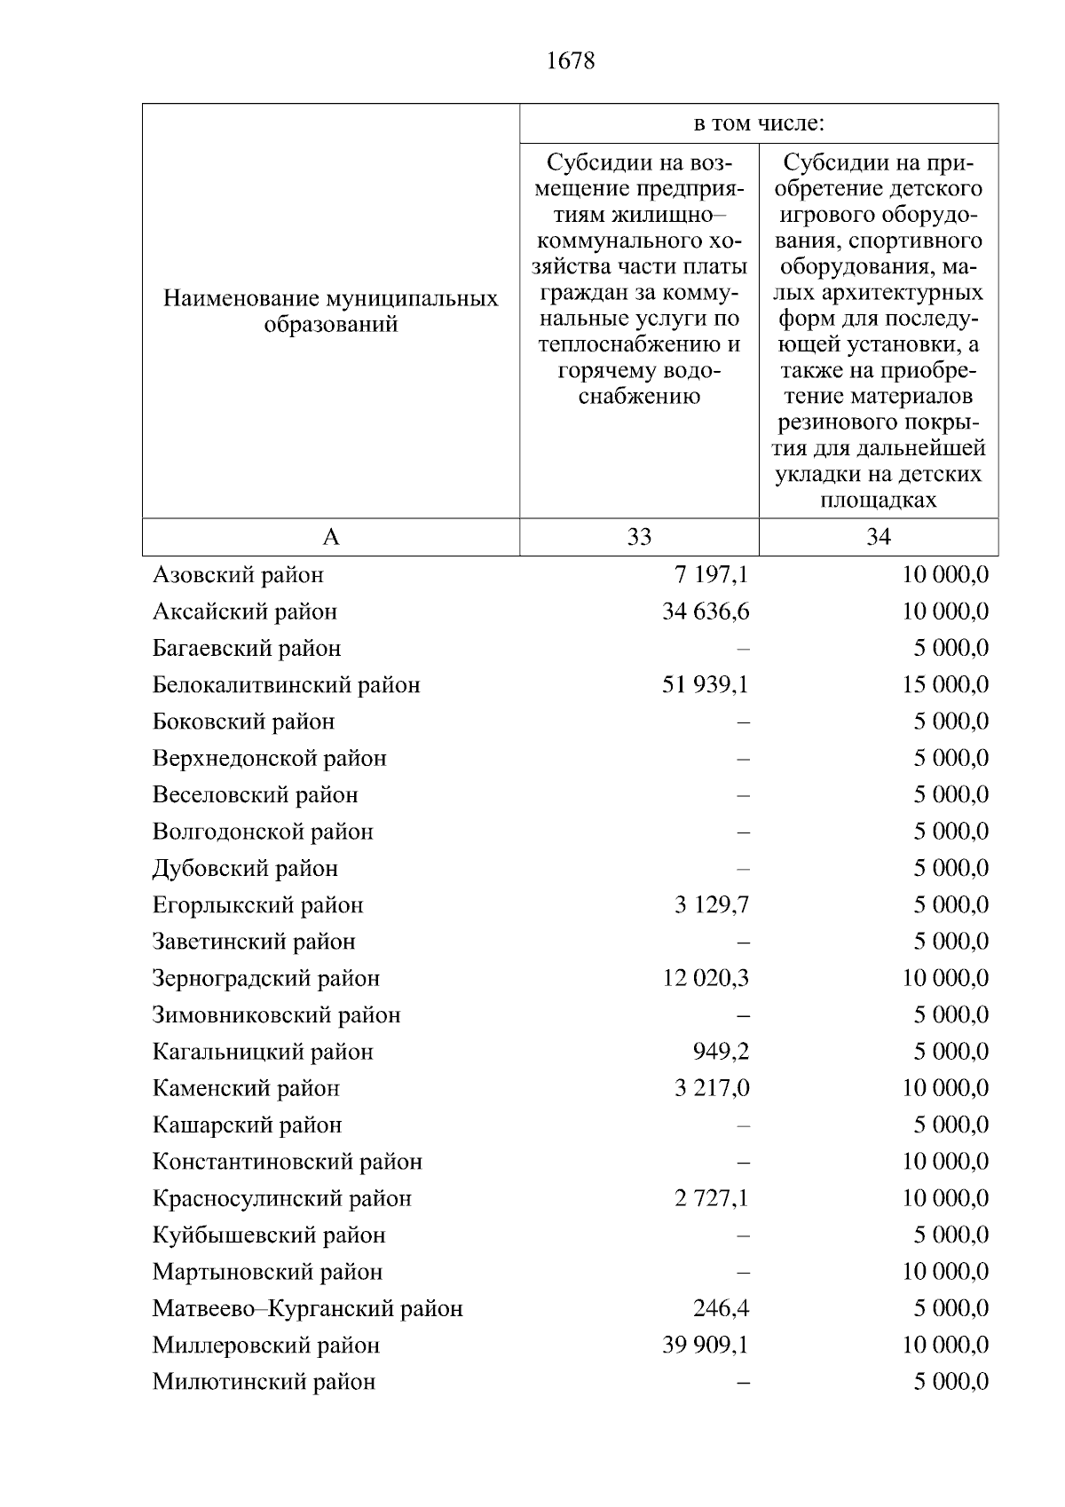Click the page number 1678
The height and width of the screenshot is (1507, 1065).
point(571,61)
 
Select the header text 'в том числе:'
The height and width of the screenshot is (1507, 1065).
point(759,124)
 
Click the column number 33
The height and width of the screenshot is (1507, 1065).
point(639,537)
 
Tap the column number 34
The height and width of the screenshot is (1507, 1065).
point(878,537)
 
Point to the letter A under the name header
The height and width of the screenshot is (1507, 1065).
point(330,537)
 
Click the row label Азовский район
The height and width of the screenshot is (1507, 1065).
point(238,575)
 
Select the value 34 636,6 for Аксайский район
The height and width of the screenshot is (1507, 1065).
point(706,611)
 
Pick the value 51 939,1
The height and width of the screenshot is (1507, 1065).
point(706,685)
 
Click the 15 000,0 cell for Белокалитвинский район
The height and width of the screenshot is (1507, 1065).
point(945,685)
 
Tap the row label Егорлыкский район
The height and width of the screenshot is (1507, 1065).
point(257,905)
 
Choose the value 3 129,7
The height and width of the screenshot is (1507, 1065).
point(711,905)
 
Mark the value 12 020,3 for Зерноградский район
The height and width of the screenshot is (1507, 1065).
point(706,979)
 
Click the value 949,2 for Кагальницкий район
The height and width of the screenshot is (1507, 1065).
point(721,1052)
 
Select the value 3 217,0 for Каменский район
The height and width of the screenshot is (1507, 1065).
point(711,1089)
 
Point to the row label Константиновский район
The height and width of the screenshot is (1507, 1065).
point(287,1162)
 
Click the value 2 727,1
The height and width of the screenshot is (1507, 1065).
point(711,1199)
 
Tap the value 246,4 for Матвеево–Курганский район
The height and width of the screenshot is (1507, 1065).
point(721,1309)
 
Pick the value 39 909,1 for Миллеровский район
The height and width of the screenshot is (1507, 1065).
point(706,1345)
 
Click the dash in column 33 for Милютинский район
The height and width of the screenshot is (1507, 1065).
point(743,1383)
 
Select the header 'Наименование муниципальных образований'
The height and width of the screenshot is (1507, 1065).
point(330,312)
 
